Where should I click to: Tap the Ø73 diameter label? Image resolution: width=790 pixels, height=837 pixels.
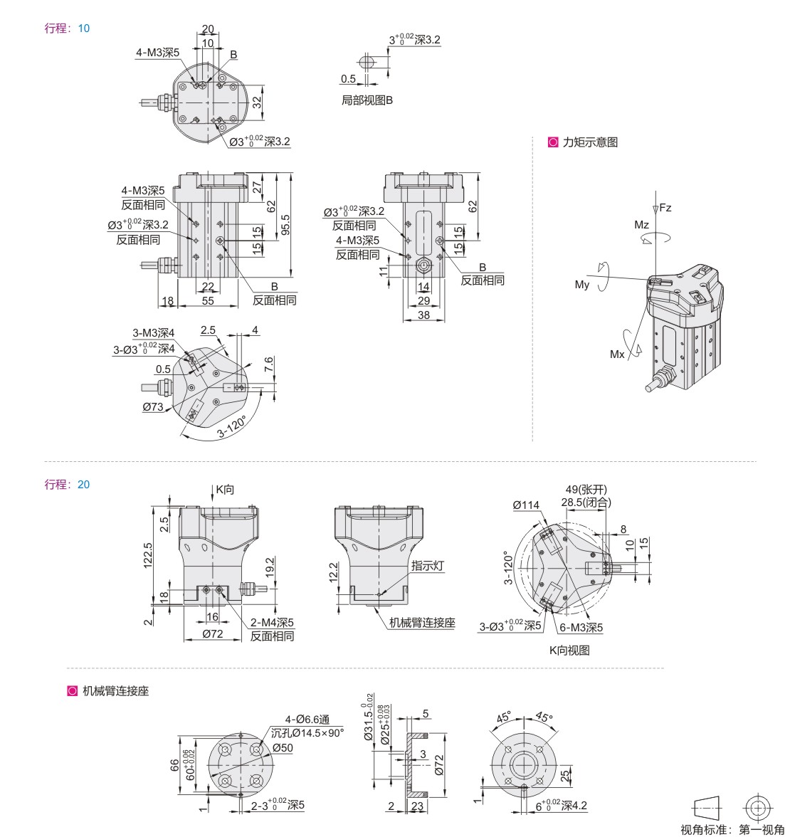[x=152, y=406]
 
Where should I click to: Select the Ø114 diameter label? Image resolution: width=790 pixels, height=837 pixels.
[x=525, y=505]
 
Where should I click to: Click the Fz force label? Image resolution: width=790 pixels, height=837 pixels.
[x=665, y=209]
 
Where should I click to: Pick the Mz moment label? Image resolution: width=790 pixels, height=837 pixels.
[x=641, y=225]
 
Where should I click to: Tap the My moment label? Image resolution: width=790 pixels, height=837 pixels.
[x=582, y=285]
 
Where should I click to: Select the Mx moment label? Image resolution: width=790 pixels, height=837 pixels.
[x=617, y=354]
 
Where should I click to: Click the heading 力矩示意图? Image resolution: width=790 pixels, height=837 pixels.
[x=589, y=142]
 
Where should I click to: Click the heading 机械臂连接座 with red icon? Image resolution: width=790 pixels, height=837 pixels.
[x=115, y=690]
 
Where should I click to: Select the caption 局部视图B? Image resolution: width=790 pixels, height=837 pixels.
[x=367, y=100]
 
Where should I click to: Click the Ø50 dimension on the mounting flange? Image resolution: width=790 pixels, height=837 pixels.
[x=283, y=747]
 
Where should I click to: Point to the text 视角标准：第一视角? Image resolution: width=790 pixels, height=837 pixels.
[x=734, y=828]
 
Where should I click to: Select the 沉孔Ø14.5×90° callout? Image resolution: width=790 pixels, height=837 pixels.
[x=308, y=732]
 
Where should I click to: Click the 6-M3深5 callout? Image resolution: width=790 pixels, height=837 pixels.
[x=580, y=628]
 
